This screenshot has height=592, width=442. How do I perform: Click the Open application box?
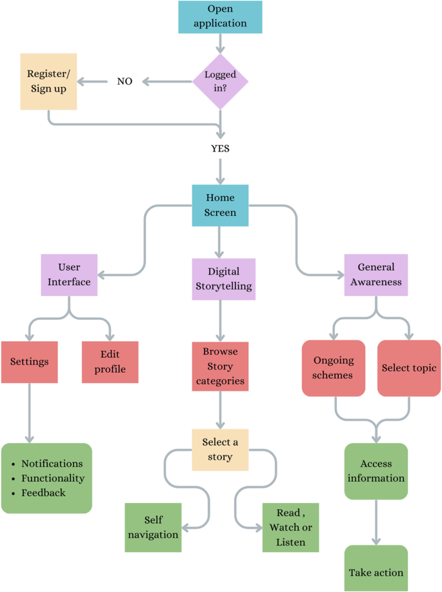221,17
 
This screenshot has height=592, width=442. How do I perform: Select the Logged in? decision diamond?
221,81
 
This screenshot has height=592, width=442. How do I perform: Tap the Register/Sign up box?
48,81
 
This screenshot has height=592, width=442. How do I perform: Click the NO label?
125,82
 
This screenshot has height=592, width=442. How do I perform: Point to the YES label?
221,148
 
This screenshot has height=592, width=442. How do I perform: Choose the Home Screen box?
221,205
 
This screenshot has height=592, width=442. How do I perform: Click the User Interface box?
69,274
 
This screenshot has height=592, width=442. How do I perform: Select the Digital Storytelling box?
223,279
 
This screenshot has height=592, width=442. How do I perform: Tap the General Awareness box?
376,274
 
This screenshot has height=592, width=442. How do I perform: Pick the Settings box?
30,361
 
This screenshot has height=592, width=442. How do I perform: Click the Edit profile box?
110,361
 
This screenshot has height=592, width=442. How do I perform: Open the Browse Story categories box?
221,366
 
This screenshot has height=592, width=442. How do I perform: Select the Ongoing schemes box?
333,368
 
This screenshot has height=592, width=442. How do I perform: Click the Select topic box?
409,368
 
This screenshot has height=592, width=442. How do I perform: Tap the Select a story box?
221,450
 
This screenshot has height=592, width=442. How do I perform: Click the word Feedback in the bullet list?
43,493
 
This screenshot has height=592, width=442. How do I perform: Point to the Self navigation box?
152,527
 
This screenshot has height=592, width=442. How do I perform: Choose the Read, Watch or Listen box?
290,527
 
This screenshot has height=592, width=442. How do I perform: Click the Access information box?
376,471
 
